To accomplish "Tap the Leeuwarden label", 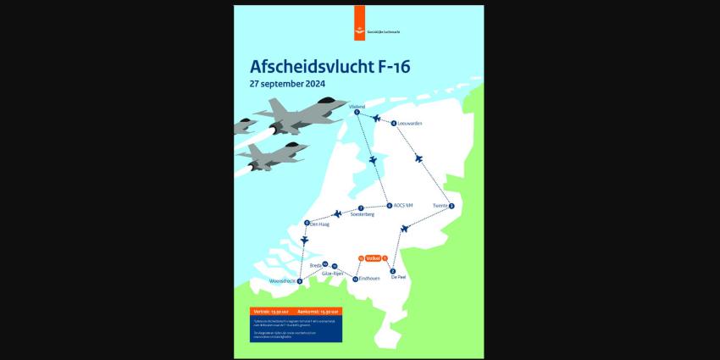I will coord(410,124).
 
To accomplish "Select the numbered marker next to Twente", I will coord(451,206).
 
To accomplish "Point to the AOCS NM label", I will coord(403,206).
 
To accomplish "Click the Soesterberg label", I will coord(362,214).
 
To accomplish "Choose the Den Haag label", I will coord(318,224).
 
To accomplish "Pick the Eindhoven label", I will coord(370,278).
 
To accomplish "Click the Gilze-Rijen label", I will coord(332,274).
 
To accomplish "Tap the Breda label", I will coord(315,265).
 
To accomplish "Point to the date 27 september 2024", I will coord(288,84).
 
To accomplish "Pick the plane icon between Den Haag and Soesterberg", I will coord(338,213).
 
